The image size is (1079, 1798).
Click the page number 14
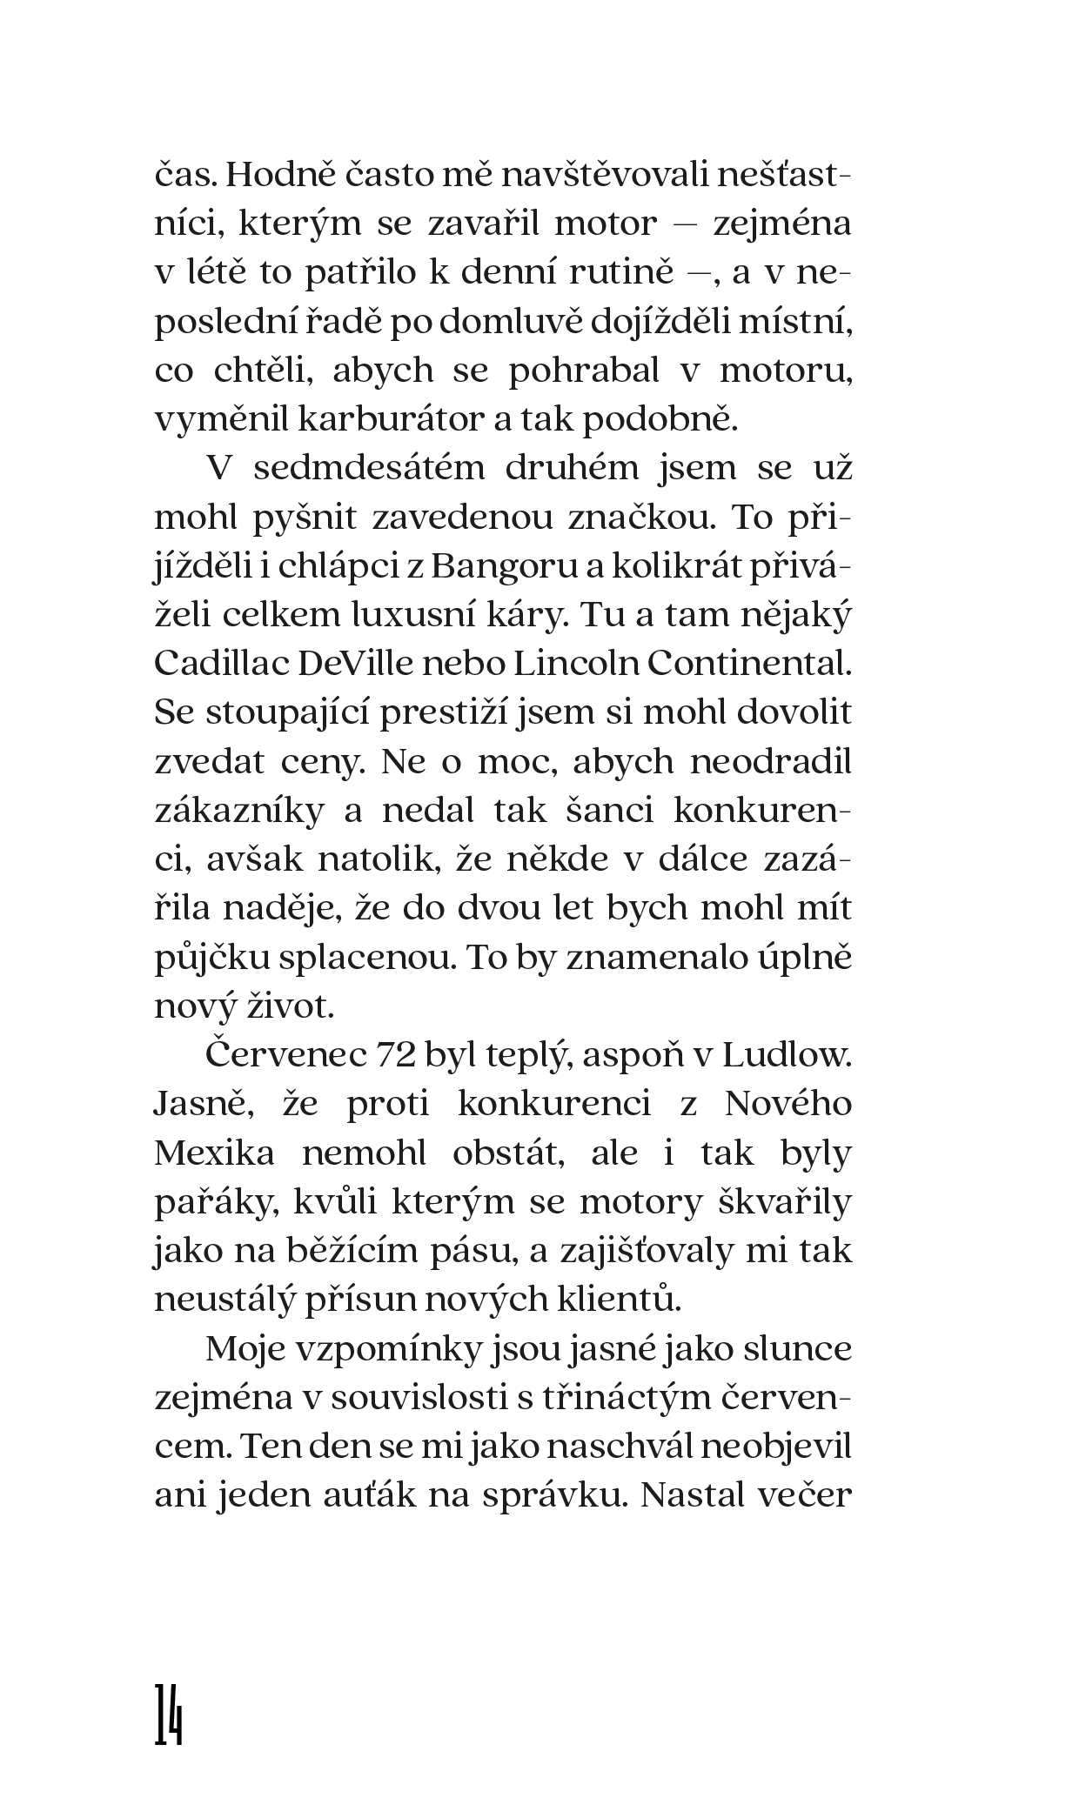(169, 1714)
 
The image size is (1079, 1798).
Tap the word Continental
(747, 664)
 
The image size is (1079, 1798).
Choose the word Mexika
(214, 1153)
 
